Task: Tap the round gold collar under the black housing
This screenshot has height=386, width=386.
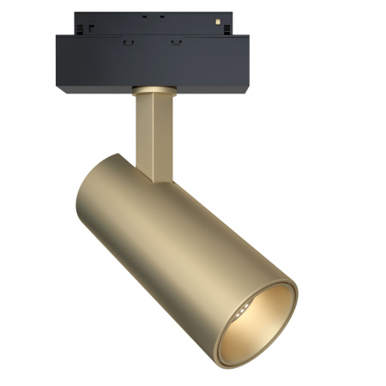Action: click(154, 87)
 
